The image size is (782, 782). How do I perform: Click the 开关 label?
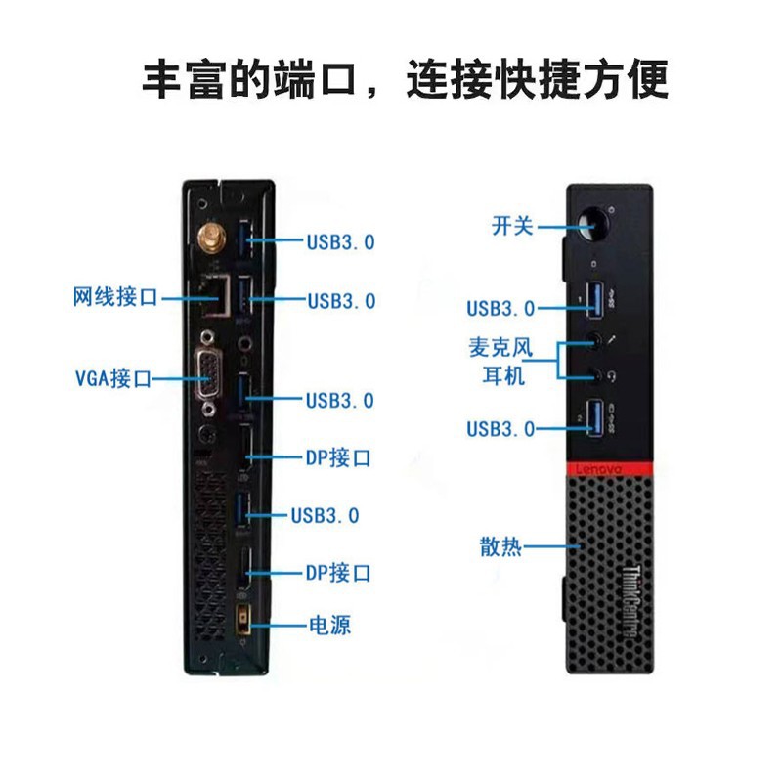(x=512, y=227)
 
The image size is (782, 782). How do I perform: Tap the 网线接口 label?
(x=114, y=297)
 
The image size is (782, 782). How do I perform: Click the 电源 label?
(x=329, y=625)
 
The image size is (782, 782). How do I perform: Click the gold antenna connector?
(x=209, y=238)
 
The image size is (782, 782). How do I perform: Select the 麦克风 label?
(x=503, y=347)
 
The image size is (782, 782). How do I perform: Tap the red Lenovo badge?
(x=596, y=470)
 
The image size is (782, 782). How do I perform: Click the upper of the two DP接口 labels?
(x=337, y=457)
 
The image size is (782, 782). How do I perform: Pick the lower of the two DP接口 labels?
(x=337, y=573)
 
